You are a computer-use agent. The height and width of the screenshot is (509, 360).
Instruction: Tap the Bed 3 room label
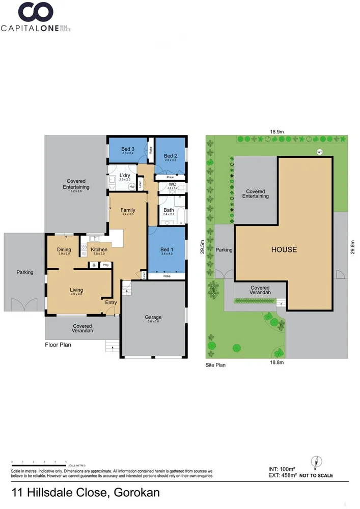[127, 149]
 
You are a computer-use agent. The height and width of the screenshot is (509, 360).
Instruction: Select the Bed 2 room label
[170, 156]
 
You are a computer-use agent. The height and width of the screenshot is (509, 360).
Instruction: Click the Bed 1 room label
[166, 249]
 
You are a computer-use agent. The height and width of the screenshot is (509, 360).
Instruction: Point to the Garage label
[153, 317]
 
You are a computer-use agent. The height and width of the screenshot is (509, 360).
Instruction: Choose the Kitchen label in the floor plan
[99, 250]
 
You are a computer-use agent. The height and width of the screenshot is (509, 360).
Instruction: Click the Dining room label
[64, 250]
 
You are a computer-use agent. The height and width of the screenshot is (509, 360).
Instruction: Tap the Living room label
[76, 290]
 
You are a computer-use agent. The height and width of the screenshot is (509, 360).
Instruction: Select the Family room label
[127, 210]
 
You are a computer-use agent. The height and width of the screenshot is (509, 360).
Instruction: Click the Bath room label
[169, 210]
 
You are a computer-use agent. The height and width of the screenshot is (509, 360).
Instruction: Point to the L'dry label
[125, 176]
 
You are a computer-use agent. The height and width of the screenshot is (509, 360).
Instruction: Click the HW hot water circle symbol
[132, 187]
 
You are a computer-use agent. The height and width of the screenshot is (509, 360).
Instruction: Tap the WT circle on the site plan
[320, 152]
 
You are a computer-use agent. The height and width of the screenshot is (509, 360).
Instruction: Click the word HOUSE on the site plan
[284, 249]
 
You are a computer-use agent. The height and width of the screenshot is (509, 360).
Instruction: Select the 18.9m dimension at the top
[276, 132]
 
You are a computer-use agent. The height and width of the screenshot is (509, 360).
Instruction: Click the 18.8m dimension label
[276, 362]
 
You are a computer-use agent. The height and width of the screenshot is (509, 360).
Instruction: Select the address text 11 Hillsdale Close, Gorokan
[86, 493]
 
